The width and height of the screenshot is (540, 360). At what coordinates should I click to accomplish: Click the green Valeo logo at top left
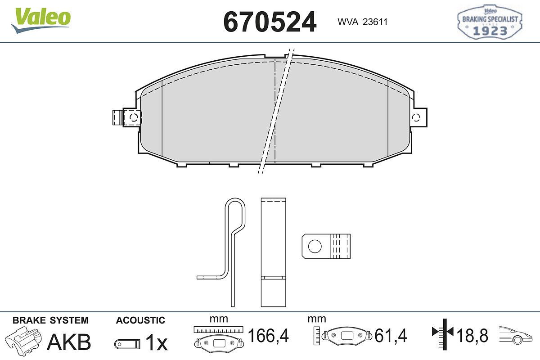[x=41, y=20]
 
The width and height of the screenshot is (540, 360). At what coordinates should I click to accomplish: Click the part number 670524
[x=270, y=22]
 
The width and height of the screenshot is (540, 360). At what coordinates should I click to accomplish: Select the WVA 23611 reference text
[x=362, y=22]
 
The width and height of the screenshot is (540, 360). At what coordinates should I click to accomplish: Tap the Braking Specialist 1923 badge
[x=490, y=22]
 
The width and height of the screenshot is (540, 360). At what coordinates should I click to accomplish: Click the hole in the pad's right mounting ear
[x=416, y=117]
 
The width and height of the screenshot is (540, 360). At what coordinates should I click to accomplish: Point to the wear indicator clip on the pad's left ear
[x=127, y=117]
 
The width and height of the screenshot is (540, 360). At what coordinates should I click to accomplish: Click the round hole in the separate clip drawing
[x=315, y=247]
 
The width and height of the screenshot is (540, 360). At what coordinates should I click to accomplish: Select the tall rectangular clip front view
[x=274, y=252]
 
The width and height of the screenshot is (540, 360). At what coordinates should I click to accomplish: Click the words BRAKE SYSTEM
[x=50, y=320]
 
